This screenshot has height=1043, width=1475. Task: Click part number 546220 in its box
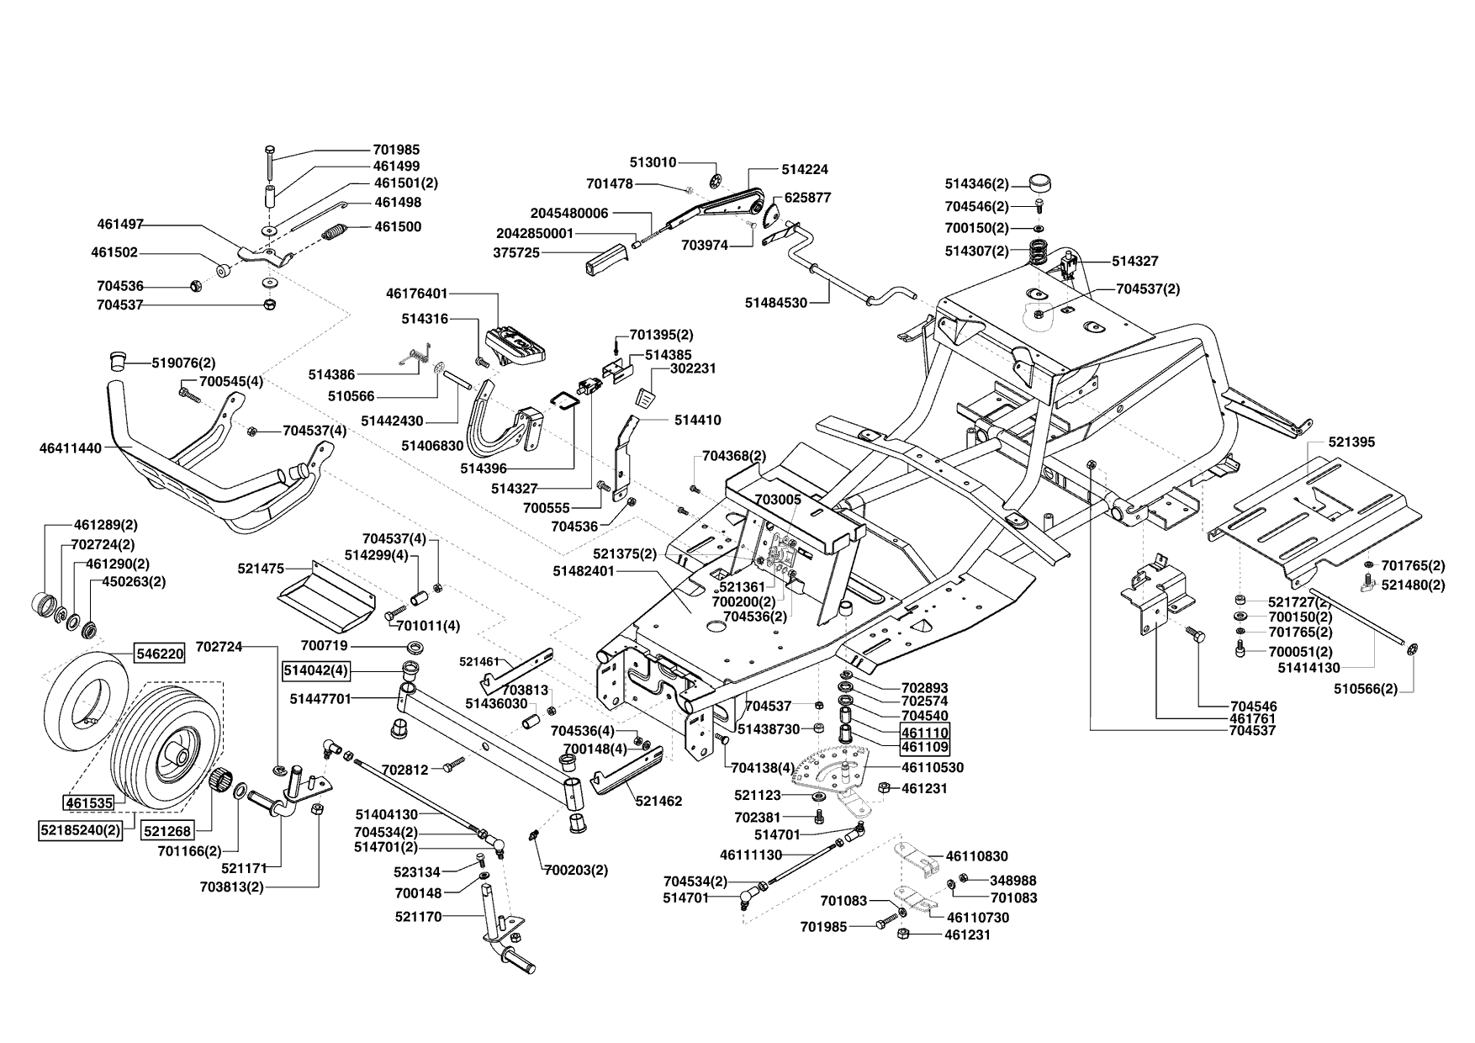(x=159, y=653)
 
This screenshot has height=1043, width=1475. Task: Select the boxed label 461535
(x=88, y=802)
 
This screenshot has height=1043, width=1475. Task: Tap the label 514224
(x=805, y=169)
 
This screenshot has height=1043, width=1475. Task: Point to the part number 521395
(x=1352, y=442)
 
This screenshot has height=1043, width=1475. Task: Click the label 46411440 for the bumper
(x=70, y=448)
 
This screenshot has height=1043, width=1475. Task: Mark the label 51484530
(x=776, y=302)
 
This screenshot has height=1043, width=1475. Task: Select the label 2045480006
(x=569, y=214)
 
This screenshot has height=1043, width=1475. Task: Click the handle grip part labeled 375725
(x=605, y=258)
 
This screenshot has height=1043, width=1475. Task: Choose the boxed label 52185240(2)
(x=81, y=831)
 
